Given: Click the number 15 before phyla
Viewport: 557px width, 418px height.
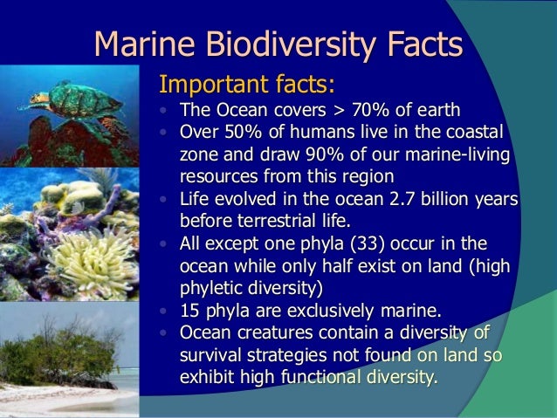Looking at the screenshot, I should coord(189,310).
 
